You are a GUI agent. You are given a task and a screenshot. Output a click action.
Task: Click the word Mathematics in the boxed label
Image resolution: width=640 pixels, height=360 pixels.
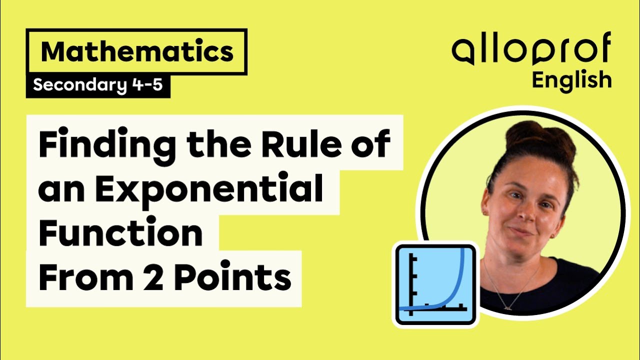click(x=137, y=52)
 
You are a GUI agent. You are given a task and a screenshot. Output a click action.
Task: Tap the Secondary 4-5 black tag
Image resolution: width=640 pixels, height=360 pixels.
click(x=97, y=86)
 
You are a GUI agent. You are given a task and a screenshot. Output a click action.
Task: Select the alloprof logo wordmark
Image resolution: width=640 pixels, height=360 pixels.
click(x=531, y=50)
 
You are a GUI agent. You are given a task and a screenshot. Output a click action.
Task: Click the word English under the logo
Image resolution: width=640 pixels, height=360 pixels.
click(x=571, y=79)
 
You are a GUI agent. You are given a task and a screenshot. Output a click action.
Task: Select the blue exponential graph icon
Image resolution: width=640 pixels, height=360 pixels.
click(x=435, y=284)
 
